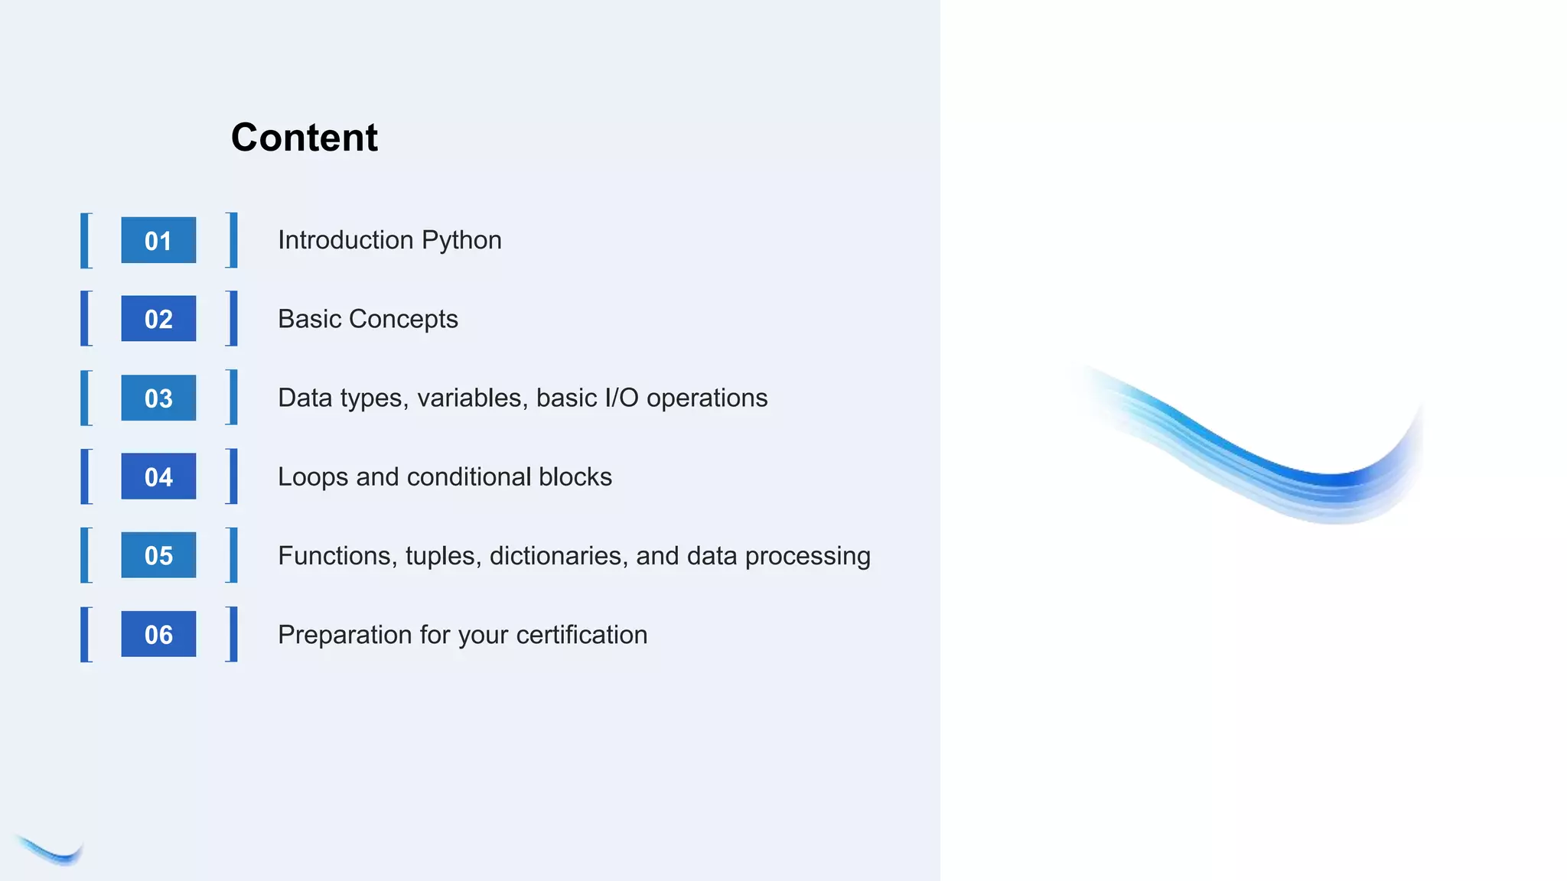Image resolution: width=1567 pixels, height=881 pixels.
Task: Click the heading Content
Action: (x=305, y=138)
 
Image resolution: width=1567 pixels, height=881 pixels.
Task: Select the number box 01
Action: (x=158, y=241)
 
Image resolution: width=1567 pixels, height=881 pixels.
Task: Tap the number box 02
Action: (x=158, y=319)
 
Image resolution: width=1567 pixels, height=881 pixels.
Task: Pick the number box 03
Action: (x=158, y=398)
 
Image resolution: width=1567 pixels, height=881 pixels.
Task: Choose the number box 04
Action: (x=158, y=476)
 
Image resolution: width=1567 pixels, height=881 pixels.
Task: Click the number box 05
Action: (x=158, y=555)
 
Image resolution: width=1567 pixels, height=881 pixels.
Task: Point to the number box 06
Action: (x=158, y=634)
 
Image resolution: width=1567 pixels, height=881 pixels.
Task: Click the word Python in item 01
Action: (x=461, y=241)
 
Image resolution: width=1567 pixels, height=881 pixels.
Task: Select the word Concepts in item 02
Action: (x=403, y=319)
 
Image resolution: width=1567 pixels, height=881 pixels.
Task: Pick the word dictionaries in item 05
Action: (x=558, y=555)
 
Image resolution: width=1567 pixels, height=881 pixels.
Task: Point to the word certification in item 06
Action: (x=582, y=635)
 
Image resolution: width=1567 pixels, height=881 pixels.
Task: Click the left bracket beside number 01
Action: (x=86, y=241)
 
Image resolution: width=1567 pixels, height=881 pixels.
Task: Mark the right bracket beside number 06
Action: (x=232, y=634)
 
